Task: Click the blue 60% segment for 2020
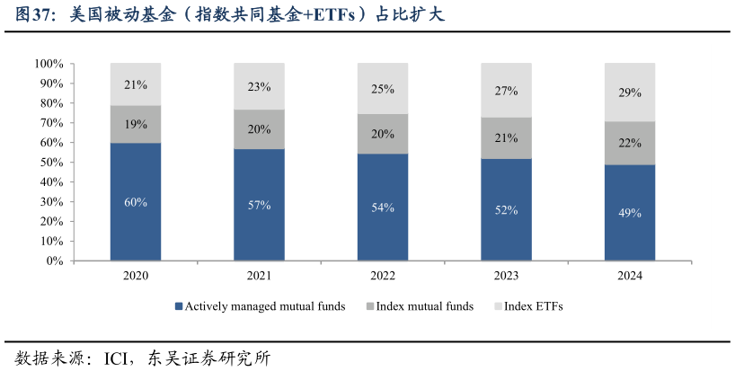click(x=136, y=225)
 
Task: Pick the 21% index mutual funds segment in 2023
click(x=506, y=137)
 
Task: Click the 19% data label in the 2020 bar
click(x=136, y=125)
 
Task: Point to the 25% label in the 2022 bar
click(x=383, y=89)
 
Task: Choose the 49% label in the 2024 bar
click(x=630, y=213)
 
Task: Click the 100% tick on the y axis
click(x=49, y=64)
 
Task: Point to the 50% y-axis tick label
click(x=51, y=163)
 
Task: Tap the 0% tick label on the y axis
click(x=55, y=261)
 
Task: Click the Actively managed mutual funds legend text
click(x=266, y=306)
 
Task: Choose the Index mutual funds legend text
click(x=425, y=306)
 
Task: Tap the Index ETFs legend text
click(x=534, y=306)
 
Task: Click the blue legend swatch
click(x=180, y=306)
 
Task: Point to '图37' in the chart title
click(x=33, y=15)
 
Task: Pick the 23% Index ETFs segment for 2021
click(x=260, y=86)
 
